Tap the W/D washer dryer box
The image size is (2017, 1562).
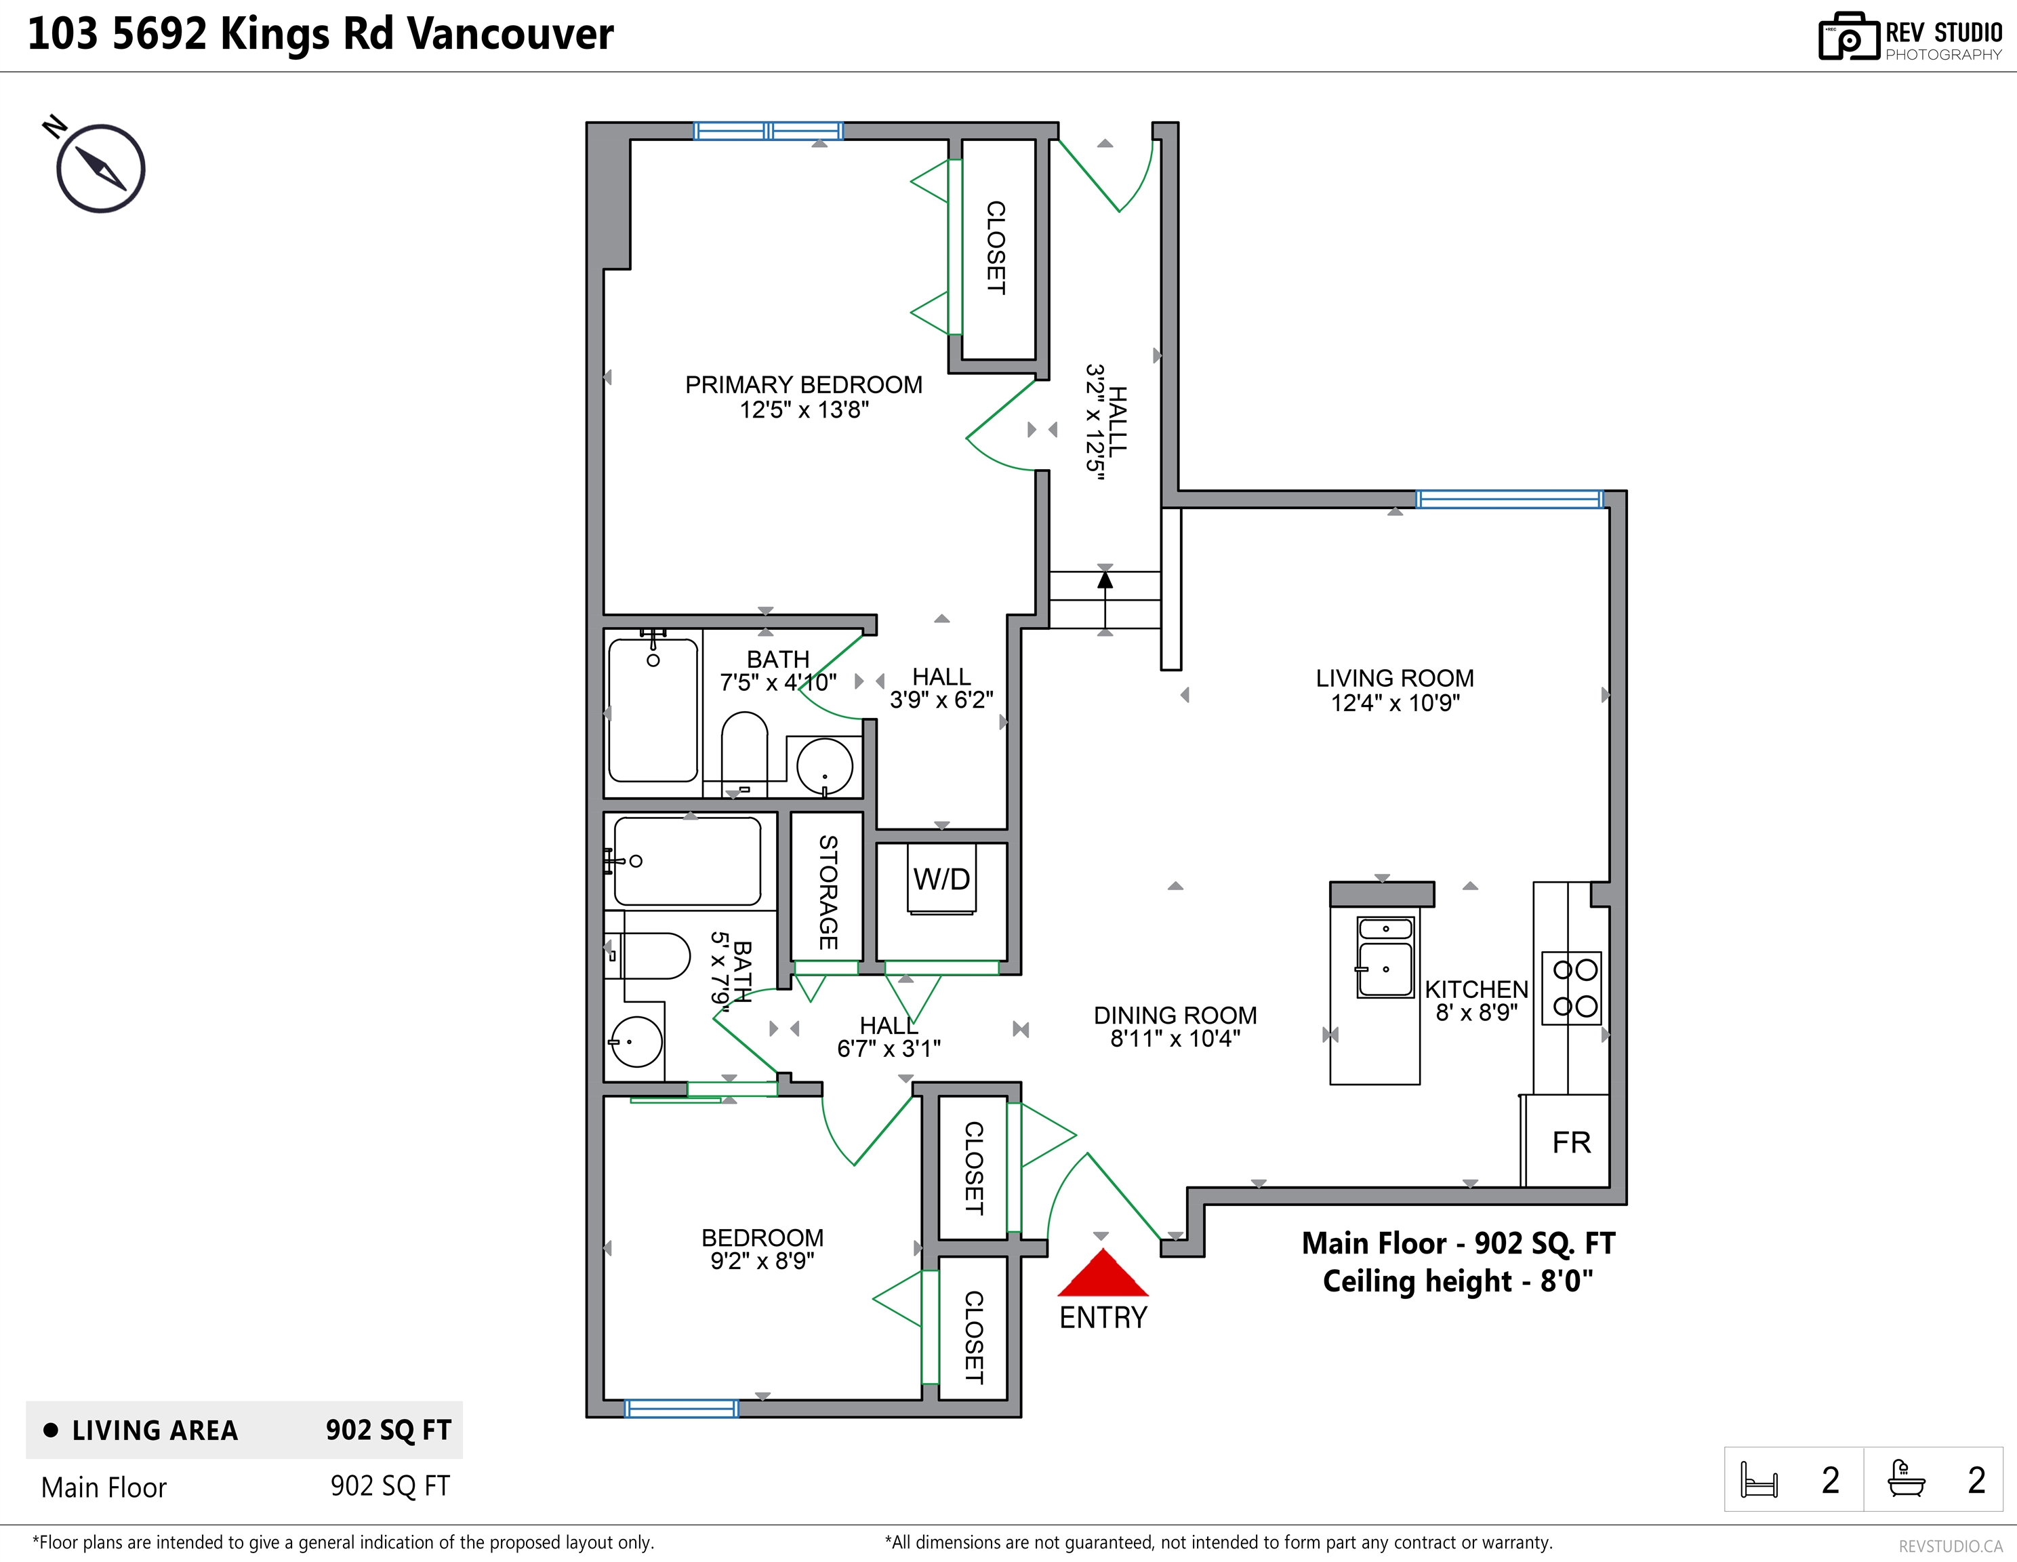(x=941, y=879)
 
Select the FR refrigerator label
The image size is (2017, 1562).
(x=1571, y=1142)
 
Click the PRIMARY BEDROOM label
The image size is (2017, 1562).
(x=803, y=384)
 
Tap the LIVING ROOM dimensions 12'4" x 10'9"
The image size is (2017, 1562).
(x=1395, y=703)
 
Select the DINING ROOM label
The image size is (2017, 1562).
(x=1175, y=1015)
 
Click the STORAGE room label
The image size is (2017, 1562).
(x=828, y=892)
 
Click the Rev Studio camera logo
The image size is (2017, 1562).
(x=1848, y=37)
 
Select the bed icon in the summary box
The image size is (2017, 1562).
(x=1758, y=1479)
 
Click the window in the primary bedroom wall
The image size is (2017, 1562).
(x=767, y=131)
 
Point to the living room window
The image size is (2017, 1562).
(x=1510, y=500)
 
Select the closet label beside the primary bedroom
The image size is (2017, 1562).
(x=996, y=247)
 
